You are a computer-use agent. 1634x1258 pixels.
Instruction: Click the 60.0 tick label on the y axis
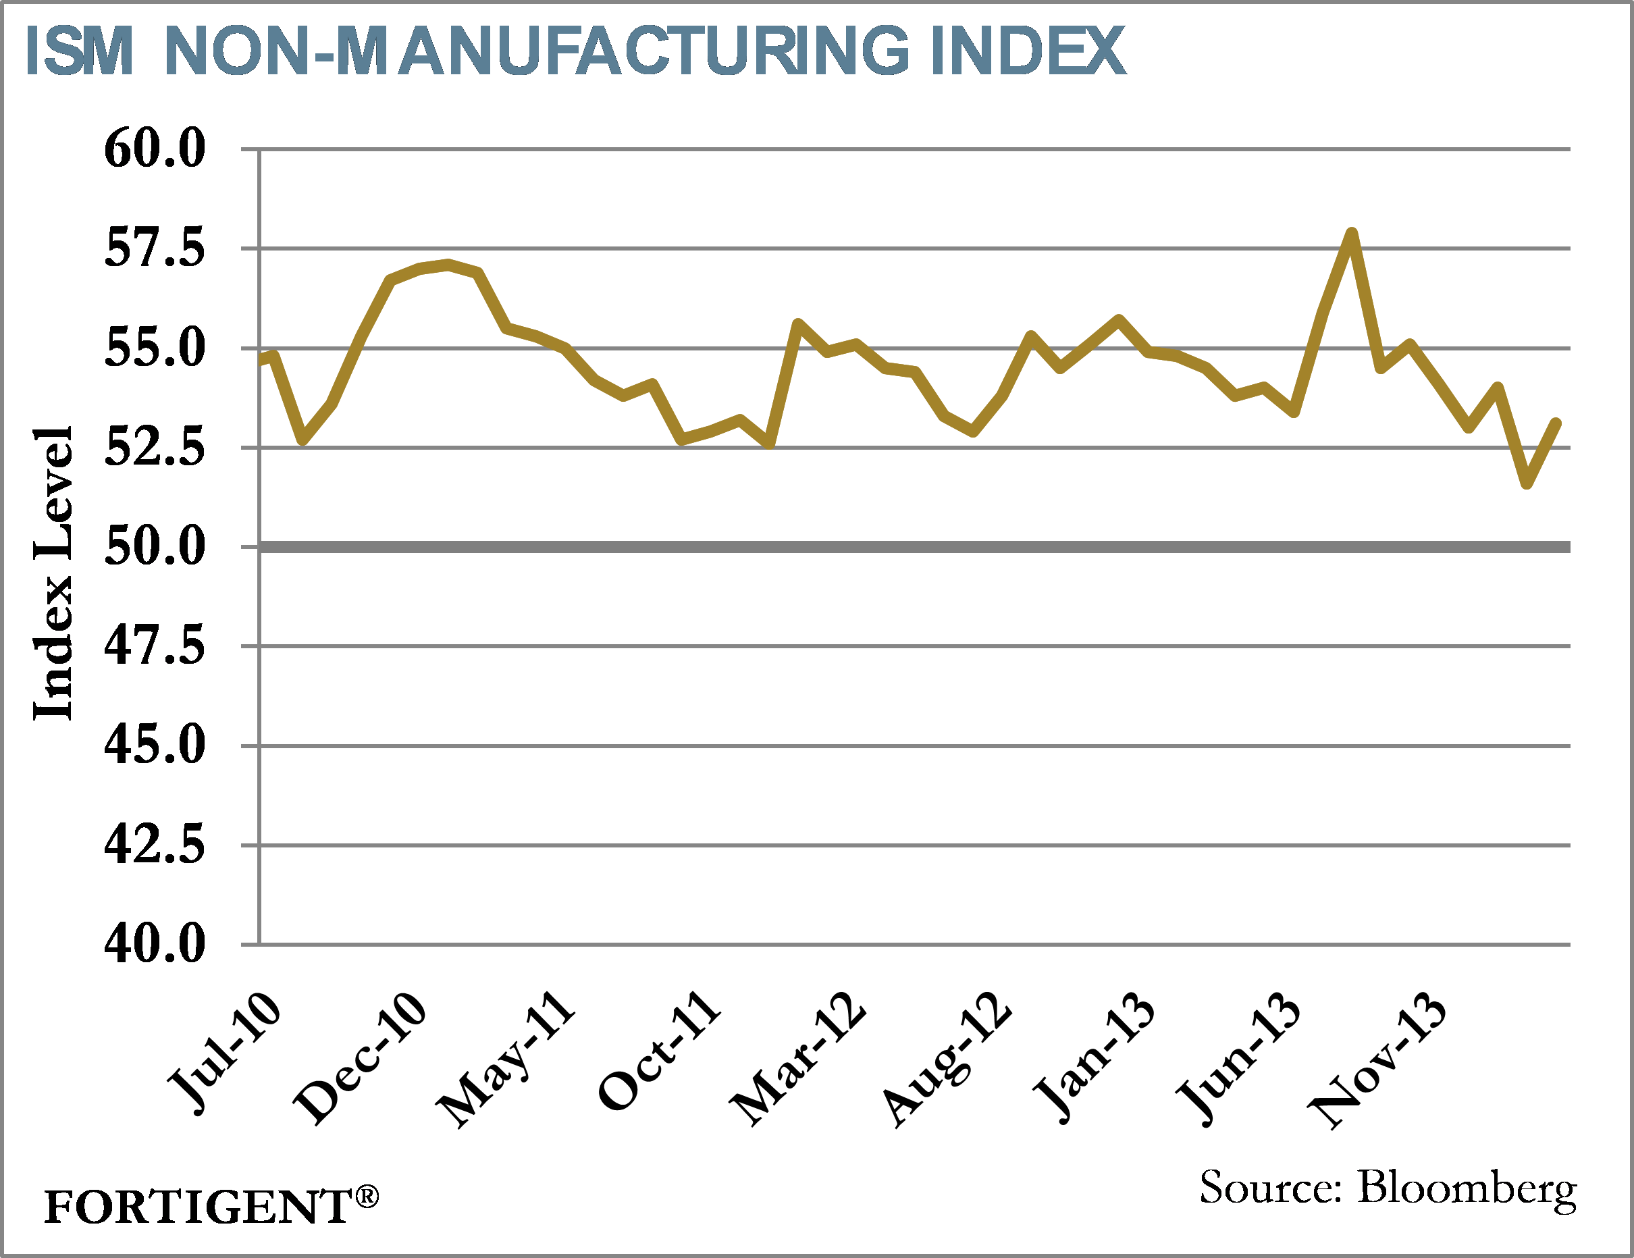[x=154, y=148]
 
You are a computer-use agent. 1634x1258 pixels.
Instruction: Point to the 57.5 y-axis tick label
[x=154, y=248]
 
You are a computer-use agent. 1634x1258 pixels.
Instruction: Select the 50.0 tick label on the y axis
[x=154, y=546]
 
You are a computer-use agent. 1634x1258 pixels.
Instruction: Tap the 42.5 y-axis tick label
[x=154, y=845]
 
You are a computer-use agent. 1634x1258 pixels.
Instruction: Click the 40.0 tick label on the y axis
[x=154, y=945]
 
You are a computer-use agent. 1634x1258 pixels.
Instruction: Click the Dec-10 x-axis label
[x=360, y=1058]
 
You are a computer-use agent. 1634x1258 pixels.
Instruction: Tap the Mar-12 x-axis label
[x=798, y=1058]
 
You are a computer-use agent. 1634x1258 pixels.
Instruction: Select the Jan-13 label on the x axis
[x=1093, y=1057]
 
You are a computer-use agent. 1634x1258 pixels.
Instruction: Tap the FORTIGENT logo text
[x=198, y=1207]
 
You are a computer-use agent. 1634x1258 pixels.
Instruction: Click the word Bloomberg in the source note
[x=1467, y=1188]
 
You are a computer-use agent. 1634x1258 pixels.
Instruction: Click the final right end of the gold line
[x=1556, y=423]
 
